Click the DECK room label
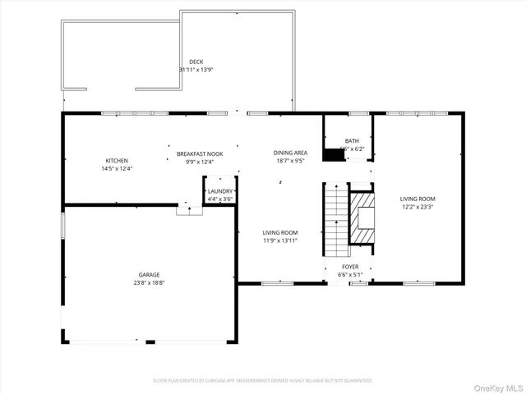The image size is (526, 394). tap(196, 62)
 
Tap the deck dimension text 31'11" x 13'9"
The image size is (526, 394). tap(196, 70)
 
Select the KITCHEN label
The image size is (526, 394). tap(116, 160)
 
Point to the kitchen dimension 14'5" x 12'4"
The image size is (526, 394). tap(116, 168)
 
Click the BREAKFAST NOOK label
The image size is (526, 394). tap(200, 153)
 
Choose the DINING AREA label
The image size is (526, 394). tap(290, 153)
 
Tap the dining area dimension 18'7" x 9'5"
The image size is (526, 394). tap(290, 161)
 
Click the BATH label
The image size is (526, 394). tap(352, 141)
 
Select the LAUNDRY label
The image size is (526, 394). tap(220, 190)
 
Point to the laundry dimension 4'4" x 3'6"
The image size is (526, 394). tap(220, 199)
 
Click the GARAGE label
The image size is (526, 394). tap(149, 274)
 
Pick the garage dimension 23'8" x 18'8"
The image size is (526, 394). tap(149, 282)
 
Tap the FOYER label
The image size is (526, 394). tap(350, 267)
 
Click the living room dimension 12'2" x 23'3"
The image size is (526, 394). tap(418, 207)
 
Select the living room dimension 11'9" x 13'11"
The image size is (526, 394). tap(279, 241)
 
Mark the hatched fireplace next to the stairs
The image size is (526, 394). tap(362, 218)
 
